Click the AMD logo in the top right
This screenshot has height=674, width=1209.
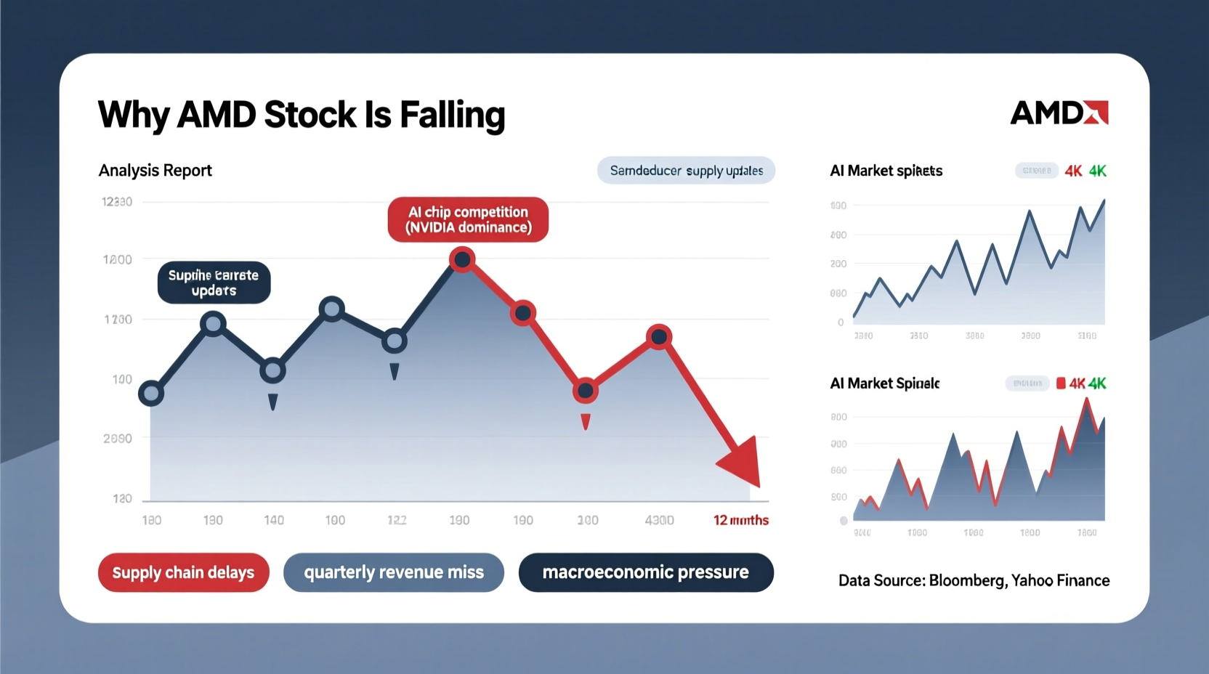pos(1059,113)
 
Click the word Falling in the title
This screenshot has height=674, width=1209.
pos(452,115)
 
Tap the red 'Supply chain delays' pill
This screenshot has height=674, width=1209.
pos(183,572)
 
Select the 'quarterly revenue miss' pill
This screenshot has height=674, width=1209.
pos(393,572)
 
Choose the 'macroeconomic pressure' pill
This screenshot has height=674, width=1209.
pos(645,572)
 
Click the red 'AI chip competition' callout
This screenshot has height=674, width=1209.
pos(468,219)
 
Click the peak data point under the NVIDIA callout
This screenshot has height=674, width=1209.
pos(462,259)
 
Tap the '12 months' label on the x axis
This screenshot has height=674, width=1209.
pos(740,520)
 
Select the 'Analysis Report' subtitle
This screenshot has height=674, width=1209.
pos(155,171)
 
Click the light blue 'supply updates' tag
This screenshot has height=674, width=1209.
pos(686,171)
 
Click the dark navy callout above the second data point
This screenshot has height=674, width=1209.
pos(214,283)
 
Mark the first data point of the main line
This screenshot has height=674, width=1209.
pos(151,394)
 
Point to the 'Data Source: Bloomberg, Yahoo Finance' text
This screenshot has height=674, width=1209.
pos(974,580)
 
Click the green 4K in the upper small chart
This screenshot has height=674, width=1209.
pos(1097,171)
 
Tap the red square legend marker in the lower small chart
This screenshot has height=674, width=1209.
pos(1061,383)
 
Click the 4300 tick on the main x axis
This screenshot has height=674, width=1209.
pos(659,520)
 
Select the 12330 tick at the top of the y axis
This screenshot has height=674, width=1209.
pos(117,202)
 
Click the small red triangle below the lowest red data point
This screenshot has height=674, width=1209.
pos(586,421)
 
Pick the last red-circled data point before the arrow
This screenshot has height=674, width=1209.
pos(659,337)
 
